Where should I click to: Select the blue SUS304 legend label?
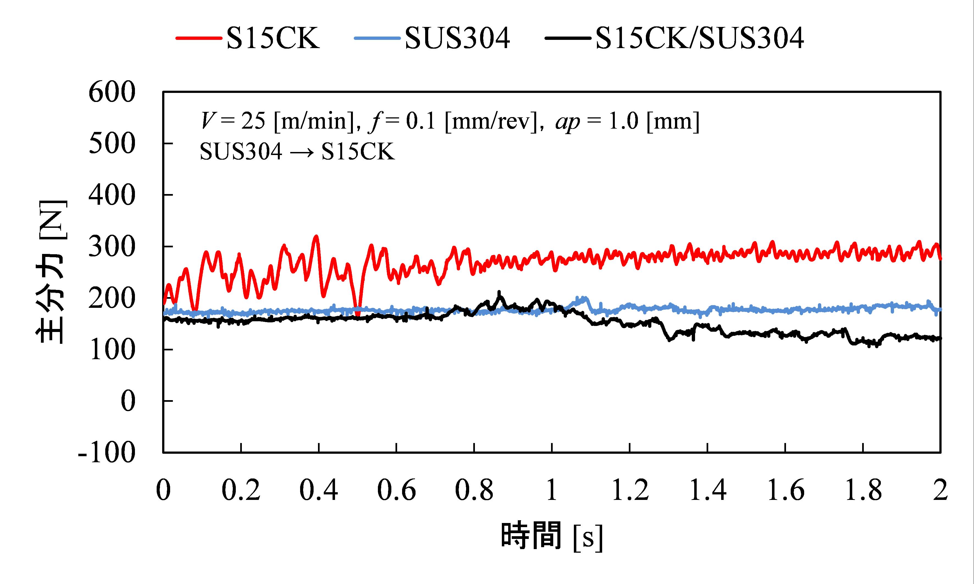pyautogui.click(x=457, y=38)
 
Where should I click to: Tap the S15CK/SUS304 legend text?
pyautogui.click(x=699, y=38)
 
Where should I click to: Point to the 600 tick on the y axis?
pyautogui.click(x=112, y=93)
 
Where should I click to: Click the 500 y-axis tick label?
pyautogui.click(x=112, y=144)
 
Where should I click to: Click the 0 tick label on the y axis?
pyautogui.click(x=128, y=402)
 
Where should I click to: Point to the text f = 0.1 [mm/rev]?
pyautogui.click(x=453, y=121)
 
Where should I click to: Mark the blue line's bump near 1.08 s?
pyautogui.click(x=584, y=298)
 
